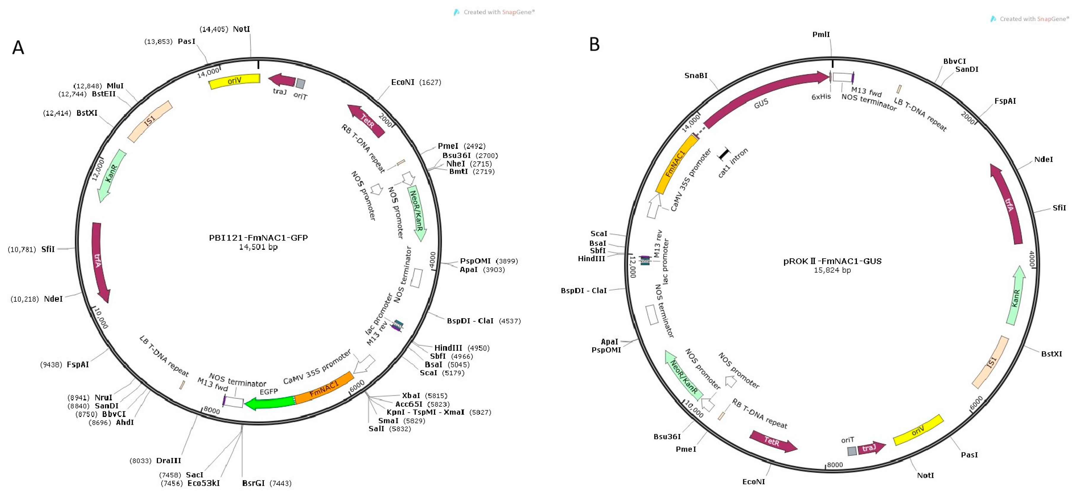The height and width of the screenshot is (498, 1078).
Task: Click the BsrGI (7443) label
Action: click(x=266, y=483)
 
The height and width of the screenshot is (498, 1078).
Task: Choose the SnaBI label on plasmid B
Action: click(x=696, y=75)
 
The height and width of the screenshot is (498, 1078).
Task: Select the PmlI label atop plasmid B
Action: click(x=821, y=34)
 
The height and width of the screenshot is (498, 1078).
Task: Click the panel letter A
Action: click(x=18, y=48)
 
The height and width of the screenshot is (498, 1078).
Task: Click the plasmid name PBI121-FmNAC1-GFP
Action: click(x=258, y=238)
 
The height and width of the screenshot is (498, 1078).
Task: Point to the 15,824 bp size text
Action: click(x=832, y=270)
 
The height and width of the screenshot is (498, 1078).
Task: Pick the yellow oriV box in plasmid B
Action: click(x=918, y=430)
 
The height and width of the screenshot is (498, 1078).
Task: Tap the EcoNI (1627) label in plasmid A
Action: click(x=416, y=82)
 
